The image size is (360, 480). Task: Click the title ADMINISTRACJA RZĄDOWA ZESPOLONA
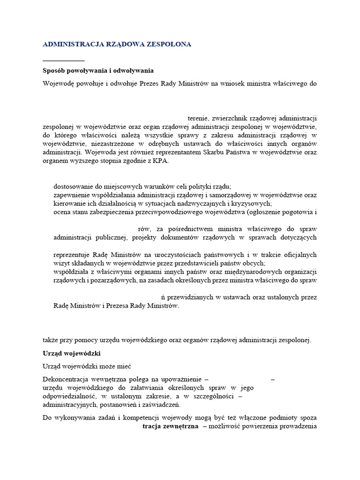point(117,44)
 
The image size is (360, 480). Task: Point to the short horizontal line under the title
point(63,61)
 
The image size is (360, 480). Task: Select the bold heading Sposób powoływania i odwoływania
point(98,71)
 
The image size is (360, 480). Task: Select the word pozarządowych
point(115,280)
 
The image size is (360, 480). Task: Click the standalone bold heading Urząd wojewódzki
point(72,353)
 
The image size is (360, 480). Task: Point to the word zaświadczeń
point(161,405)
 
